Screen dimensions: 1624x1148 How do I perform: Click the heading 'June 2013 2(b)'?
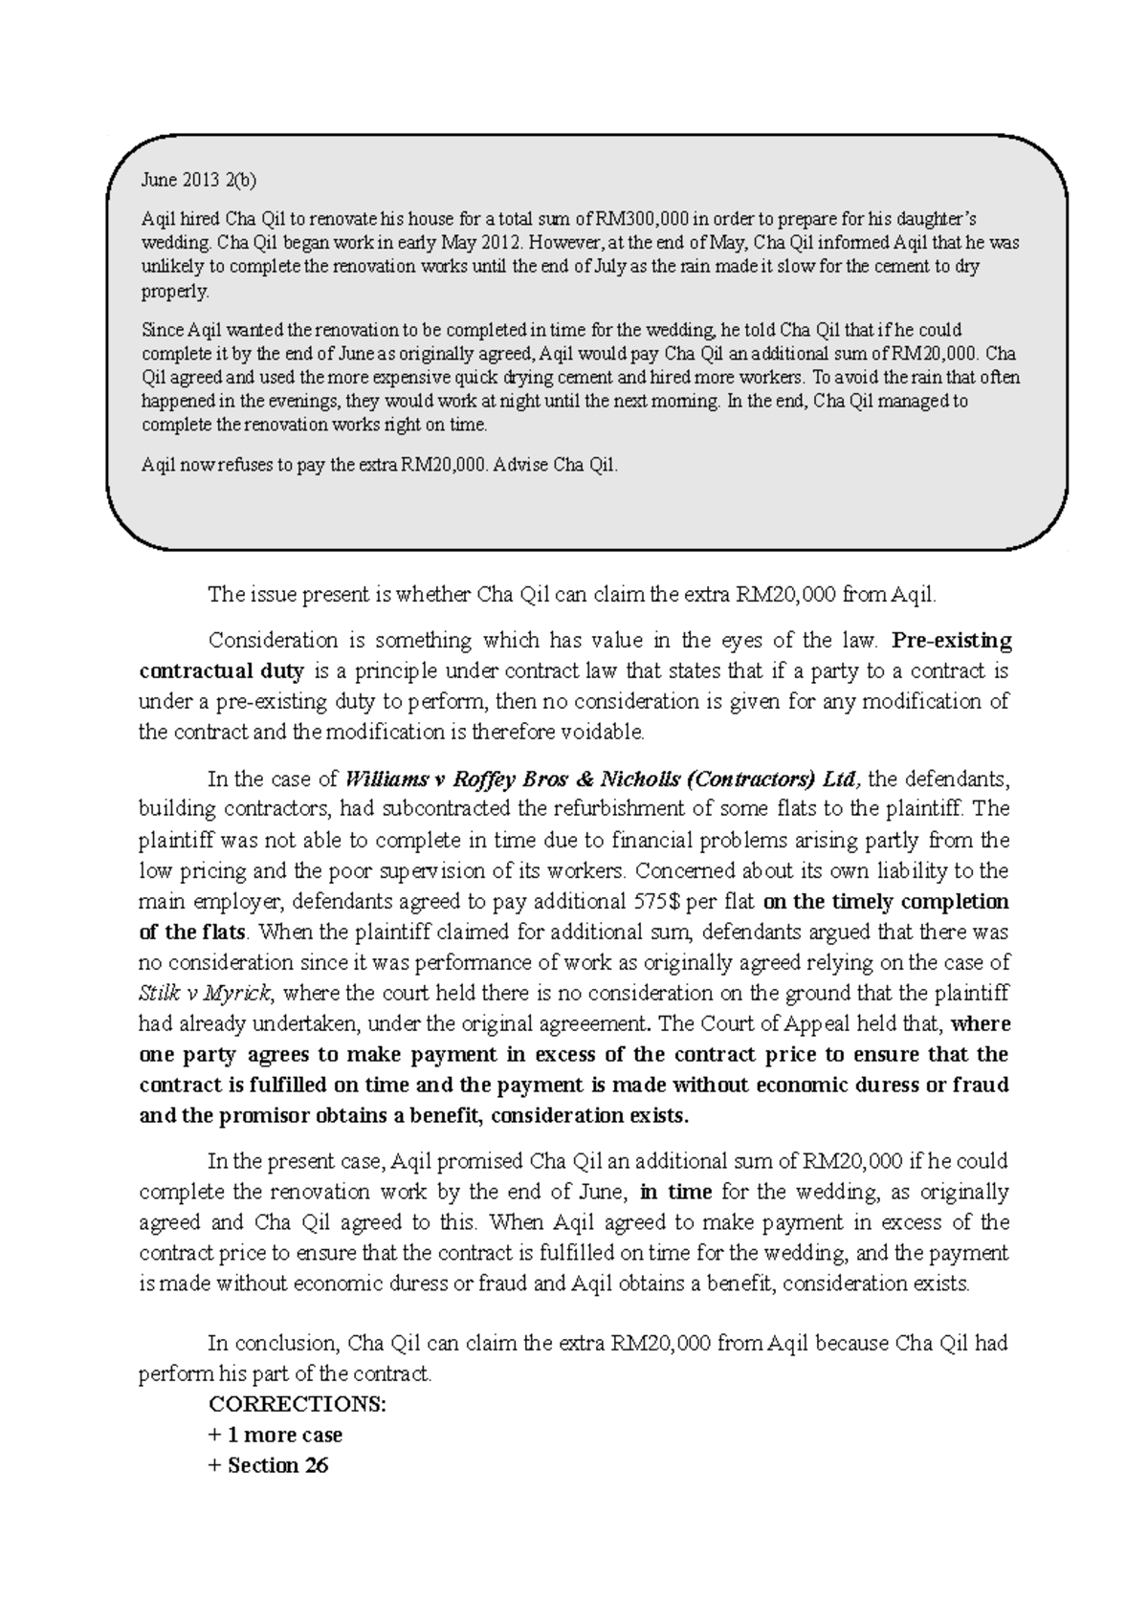coord(199,180)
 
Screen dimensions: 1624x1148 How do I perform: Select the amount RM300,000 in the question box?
coord(635,218)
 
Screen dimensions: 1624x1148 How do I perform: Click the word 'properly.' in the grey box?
coord(174,291)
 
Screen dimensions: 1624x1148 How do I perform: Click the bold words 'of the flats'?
coord(192,932)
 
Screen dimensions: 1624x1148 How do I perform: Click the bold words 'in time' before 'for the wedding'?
coord(676,1192)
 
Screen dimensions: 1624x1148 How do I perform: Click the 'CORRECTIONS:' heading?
coord(298,1405)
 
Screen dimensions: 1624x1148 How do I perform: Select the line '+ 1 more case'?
coord(275,1436)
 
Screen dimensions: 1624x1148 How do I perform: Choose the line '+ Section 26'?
coord(268,1466)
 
